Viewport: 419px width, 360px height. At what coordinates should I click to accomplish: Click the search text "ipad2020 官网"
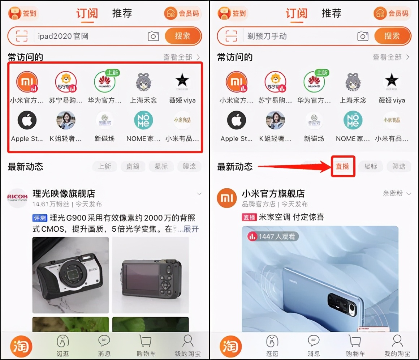[x=63, y=36]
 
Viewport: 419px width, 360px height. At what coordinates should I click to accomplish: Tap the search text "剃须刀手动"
[x=267, y=36]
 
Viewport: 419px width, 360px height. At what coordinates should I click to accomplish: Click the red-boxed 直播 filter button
[x=343, y=167]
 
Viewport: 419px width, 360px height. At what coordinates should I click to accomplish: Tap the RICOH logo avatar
[x=17, y=198]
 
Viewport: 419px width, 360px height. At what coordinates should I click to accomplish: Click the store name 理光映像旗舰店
[x=64, y=194]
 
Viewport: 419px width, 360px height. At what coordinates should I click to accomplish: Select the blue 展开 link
[x=191, y=229]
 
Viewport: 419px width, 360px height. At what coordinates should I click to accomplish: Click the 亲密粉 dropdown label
[x=393, y=194]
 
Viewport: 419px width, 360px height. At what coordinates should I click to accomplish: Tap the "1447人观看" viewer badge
[x=273, y=236]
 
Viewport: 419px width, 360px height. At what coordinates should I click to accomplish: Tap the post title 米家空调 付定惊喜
[x=291, y=217]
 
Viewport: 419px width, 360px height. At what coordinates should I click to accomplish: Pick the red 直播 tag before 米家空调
[x=249, y=217]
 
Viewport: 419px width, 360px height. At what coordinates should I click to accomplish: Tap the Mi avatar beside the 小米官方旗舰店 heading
[x=226, y=198]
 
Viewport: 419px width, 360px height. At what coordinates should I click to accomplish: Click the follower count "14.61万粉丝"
[x=50, y=204]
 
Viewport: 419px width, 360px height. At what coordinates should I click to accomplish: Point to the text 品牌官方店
[x=258, y=204]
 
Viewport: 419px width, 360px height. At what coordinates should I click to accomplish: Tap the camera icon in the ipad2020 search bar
[x=153, y=36]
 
